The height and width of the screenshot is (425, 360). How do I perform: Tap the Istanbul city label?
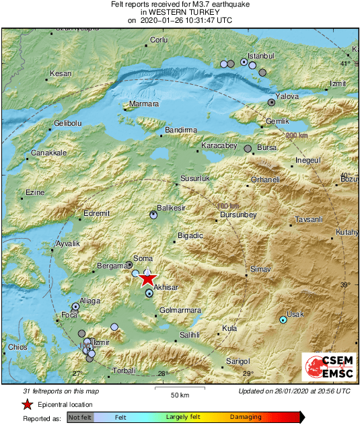click(x=262, y=55)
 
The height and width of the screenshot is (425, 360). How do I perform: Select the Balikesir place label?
click(x=170, y=208)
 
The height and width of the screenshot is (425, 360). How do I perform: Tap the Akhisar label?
click(x=166, y=287)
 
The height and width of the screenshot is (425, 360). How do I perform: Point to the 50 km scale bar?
click(x=179, y=389)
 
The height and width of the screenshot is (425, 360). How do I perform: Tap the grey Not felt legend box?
click(x=81, y=418)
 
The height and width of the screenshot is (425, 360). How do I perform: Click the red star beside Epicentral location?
click(x=27, y=404)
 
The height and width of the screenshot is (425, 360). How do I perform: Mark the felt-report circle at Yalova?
click(x=271, y=102)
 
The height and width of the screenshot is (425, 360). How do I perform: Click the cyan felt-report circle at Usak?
click(x=283, y=320)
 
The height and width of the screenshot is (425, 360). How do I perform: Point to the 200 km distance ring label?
click(x=296, y=136)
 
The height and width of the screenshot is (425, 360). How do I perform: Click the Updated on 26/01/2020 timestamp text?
click(x=294, y=391)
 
